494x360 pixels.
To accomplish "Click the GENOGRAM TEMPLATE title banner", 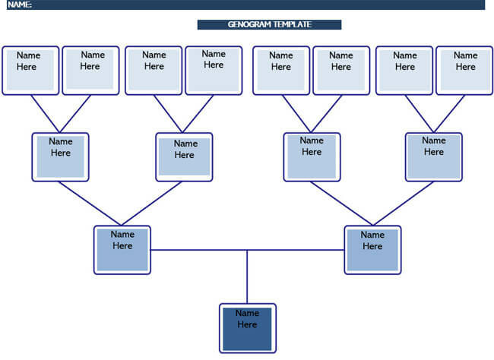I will click(269, 24).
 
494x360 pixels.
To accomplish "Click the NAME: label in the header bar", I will click(21, 5).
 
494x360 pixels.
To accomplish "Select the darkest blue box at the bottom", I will click(247, 328).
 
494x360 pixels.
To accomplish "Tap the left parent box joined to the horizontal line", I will click(122, 249).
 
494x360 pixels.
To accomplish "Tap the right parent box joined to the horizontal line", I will click(372, 249).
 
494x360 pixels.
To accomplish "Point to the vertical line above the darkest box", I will click(247, 277).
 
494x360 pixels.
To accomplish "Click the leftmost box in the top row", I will click(30, 70).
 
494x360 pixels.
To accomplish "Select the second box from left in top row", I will click(90, 70).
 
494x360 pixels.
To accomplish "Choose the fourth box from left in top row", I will click(214, 70).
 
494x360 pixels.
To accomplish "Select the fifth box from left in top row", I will click(281, 70).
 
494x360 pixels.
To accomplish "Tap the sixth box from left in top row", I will click(341, 70).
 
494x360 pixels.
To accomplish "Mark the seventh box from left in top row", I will click(404, 70).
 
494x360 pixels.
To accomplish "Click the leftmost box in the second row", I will click(61, 156).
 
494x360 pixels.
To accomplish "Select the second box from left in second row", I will click(184, 156).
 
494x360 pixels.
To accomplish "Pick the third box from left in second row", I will click(312, 156).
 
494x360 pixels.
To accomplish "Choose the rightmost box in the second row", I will click(434, 156).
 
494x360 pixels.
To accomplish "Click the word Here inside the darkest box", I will click(247, 324).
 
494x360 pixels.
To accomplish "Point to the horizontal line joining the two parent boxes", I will click(198, 250).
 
